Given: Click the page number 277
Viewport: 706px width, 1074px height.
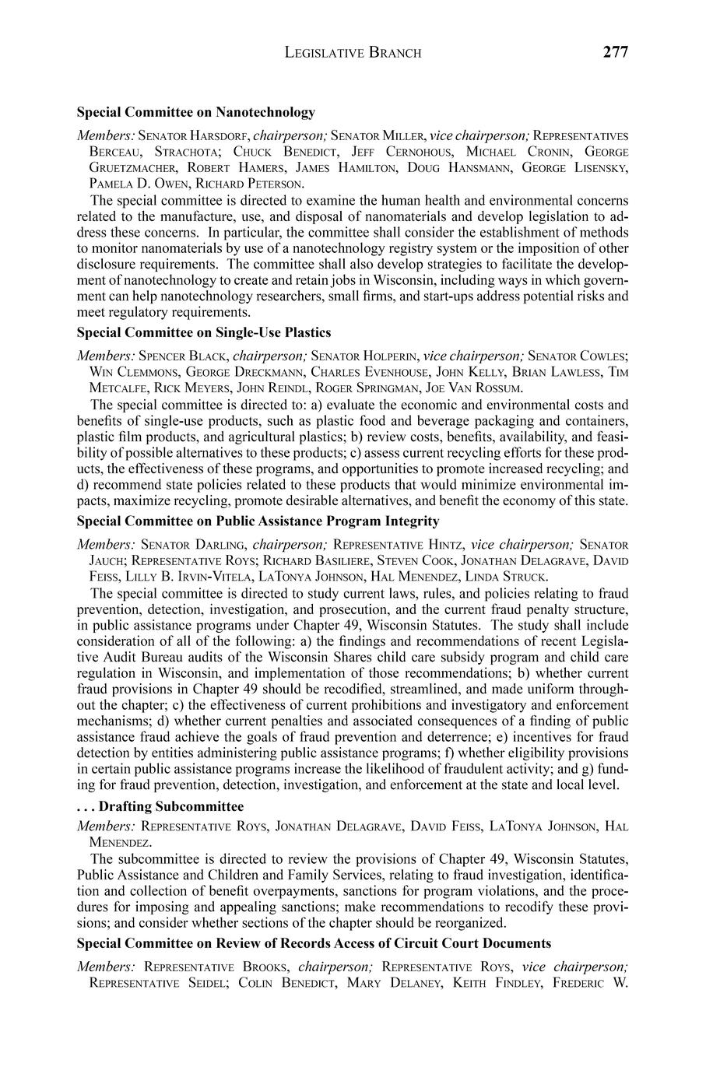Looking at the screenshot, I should [615, 52].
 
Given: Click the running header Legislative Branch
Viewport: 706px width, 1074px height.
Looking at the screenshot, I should [353, 53].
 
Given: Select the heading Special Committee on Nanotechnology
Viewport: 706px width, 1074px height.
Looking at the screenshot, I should [195, 112].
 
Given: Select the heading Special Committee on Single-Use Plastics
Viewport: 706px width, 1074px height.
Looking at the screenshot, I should [203, 332].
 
